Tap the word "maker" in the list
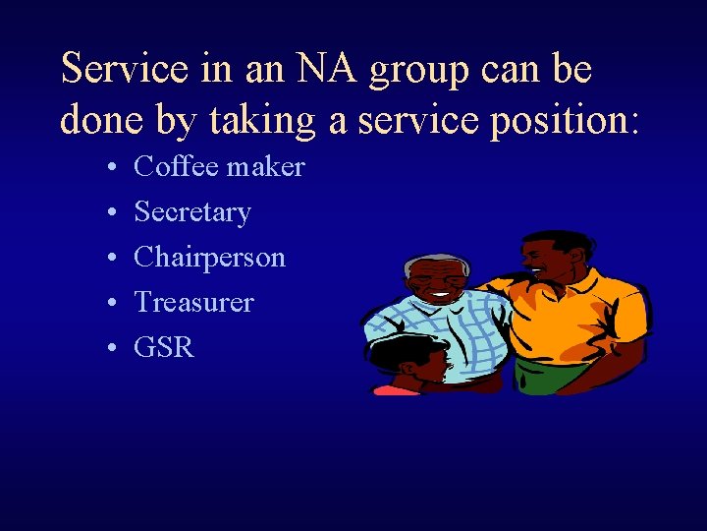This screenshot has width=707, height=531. [x=266, y=167]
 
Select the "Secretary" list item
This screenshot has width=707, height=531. [x=192, y=212]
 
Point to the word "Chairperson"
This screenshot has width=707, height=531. [x=209, y=258]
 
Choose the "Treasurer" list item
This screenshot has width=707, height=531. [x=193, y=303]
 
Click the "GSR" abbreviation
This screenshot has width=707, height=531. [x=164, y=348]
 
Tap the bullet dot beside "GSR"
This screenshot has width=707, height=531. [x=115, y=349]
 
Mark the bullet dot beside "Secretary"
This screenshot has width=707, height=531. [x=115, y=213]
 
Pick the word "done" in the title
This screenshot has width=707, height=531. [x=99, y=120]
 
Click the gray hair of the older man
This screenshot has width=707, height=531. [x=432, y=263]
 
